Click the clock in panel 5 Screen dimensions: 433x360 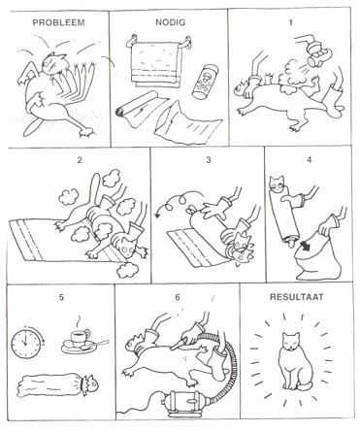click(30, 344)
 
